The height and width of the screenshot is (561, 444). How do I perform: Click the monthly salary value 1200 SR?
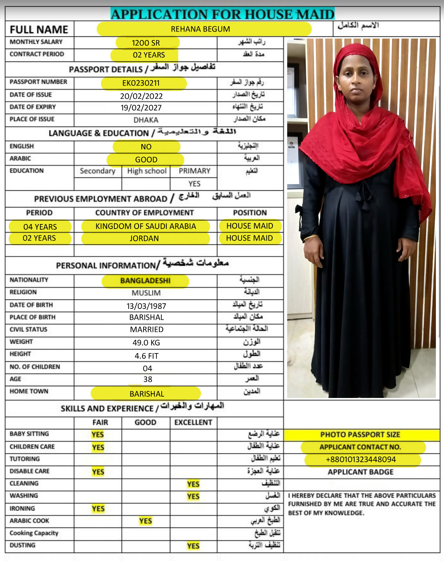click(x=146, y=43)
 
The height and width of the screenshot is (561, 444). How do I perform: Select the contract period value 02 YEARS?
click(x=149, y=55)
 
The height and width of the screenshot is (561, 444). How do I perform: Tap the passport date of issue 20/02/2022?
click(x=141, y=96)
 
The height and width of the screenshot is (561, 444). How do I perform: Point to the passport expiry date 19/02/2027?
click(x=141, y=108)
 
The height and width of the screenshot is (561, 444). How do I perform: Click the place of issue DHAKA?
click(x=146, y=120)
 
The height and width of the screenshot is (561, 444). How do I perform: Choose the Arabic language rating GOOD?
click(x=146, y=160)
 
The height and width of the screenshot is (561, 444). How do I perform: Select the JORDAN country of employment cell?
click(x=144, y=238)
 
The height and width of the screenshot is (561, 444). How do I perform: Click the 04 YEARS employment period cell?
click(x=40, y=227)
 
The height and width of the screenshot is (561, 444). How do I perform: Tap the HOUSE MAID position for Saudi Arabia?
click(x=250, y=226)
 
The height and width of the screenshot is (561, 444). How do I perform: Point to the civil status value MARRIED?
click(x=147, y=330)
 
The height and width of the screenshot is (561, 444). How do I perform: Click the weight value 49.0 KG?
click(x=146, y=343)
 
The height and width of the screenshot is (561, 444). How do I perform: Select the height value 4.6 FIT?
click(x=147, y=356)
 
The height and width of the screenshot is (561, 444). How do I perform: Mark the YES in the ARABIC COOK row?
click(x=146, y=521)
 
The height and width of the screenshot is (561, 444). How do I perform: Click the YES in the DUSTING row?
click(x=193, y=546)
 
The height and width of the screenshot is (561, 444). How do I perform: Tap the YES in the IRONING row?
click(x=98, y=509)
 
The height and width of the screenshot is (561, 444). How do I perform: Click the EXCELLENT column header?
click(x=193, y=423)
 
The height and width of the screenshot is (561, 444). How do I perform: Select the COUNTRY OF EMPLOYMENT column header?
click(x=144, y=213)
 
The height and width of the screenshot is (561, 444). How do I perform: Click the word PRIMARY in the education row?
click(x=195, y=171)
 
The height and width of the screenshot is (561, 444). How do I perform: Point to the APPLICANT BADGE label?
click(x=361, y=472)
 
